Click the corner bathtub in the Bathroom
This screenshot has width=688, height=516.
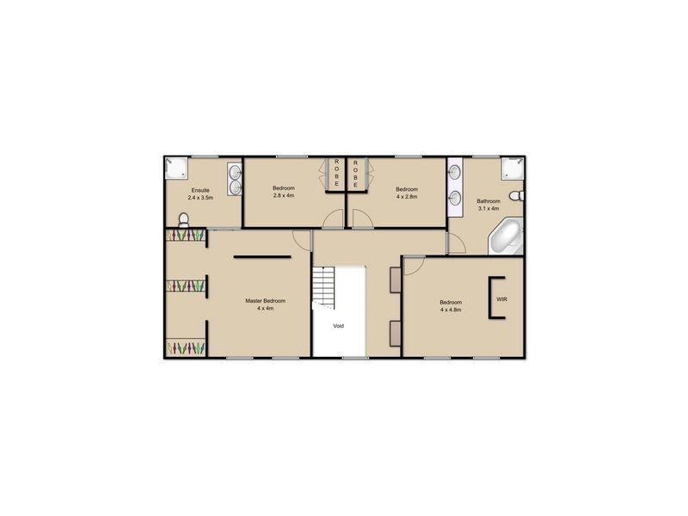click(507, 237)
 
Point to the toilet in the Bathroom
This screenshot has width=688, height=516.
click(515, 197)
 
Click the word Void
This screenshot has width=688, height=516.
click(339, 326)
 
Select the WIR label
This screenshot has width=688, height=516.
click(501, 298)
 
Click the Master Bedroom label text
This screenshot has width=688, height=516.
click(265, 301)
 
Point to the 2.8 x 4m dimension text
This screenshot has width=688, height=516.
click(284, 196)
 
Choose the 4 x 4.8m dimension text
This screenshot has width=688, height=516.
click(451, 310)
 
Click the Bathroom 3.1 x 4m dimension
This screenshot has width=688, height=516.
click(488, 208)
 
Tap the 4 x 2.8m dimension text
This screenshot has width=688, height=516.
click(407, 196)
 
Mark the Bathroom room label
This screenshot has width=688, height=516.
click(488, 200)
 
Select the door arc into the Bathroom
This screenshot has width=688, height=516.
click(456, 245)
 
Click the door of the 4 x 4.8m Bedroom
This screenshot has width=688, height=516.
click(412, 264)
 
